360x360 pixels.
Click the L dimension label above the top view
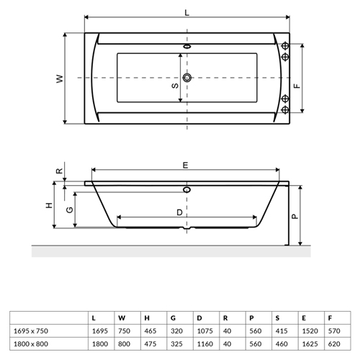tap(186, 12)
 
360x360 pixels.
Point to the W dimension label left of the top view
tap(60, 78)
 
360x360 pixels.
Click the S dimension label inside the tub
tap(175, 86)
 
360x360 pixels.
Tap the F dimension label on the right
tap(297, 86)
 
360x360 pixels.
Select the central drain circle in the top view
tap(187, 78)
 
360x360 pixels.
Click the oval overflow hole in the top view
tap(187, 46)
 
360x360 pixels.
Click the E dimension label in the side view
tap(185, 166)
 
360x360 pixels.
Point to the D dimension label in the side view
tap(179, 212)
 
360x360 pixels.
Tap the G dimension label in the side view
tap(69, 210)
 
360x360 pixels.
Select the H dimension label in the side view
tap(49, 205)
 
